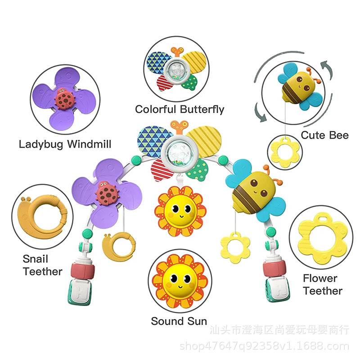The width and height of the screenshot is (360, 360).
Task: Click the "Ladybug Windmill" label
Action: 65,144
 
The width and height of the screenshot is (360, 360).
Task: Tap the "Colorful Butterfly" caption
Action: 180,109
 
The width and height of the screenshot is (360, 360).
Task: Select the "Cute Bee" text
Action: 324,135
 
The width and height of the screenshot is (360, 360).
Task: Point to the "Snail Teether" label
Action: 42,265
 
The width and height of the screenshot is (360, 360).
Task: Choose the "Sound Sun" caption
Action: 179,321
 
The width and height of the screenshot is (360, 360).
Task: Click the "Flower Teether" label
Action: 322,284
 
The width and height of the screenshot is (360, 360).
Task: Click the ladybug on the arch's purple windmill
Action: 108,193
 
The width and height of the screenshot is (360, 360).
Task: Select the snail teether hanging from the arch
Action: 119,244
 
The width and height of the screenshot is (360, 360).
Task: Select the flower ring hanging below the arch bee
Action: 236,248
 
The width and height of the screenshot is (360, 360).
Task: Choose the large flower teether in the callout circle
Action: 322,236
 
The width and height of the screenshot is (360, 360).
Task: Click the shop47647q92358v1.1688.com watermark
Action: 264,346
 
